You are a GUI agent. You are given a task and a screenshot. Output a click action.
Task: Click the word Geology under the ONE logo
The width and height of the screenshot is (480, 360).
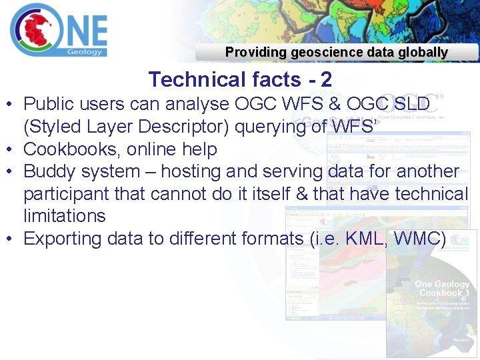click(85, 51)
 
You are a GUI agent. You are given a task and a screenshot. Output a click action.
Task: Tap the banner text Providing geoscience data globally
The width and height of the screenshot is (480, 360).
click(336, 52)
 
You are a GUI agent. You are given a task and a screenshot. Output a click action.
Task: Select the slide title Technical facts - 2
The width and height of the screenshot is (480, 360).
click(240, 79)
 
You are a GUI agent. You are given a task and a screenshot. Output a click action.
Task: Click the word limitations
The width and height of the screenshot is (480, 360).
click(64, 216)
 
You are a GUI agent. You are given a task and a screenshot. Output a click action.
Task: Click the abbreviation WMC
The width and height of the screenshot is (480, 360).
click(419, 239)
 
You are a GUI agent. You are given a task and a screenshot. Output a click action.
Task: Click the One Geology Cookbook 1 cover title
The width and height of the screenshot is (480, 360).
click(441, 289)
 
